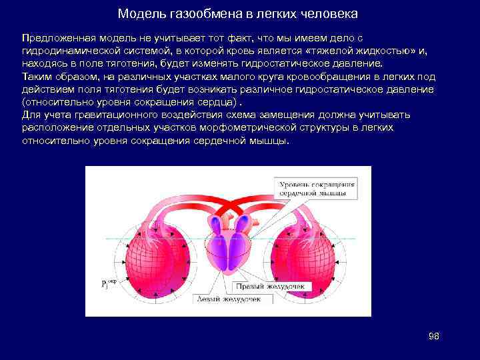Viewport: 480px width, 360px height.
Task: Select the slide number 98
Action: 434,336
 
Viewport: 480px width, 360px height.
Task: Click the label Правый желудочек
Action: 268,286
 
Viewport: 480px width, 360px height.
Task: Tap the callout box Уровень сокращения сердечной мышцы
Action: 316,188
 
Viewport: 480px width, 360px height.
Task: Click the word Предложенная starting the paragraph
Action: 53,39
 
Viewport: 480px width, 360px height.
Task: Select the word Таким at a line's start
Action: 36,77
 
